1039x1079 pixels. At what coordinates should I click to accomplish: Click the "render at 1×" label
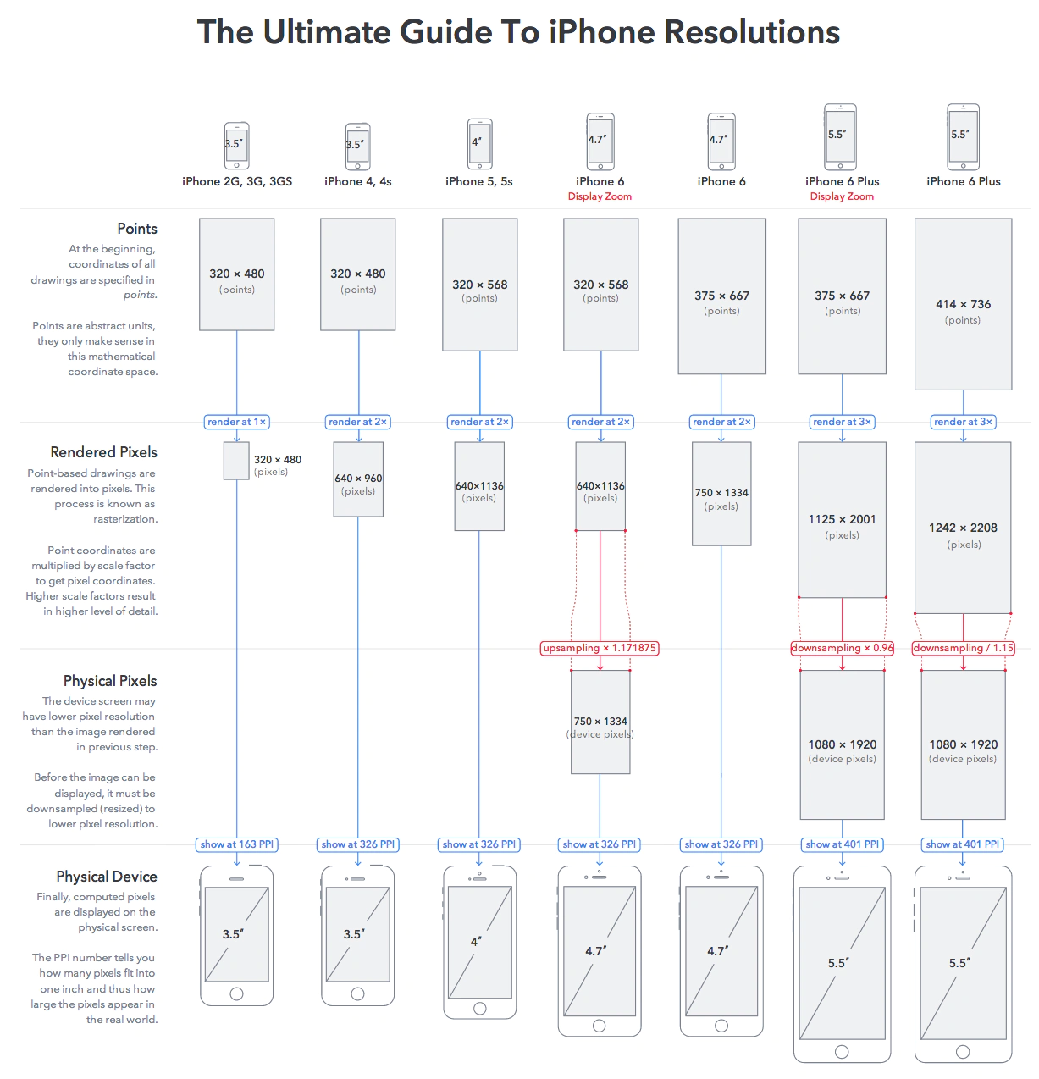237,422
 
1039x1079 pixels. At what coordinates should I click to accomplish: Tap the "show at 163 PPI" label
237,844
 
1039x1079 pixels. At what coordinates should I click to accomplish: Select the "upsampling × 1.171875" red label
600,648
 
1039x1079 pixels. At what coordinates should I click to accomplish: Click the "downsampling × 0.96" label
842,648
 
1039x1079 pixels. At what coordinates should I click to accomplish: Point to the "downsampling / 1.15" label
963,648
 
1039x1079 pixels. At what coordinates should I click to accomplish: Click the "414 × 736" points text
963,304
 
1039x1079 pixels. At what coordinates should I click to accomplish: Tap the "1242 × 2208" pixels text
963,528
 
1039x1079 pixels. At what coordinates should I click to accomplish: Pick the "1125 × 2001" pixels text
842,519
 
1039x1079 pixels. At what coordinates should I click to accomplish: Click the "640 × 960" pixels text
358,478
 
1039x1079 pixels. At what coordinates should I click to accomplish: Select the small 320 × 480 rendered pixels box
236,461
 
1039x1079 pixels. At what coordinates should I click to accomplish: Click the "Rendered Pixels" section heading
103,452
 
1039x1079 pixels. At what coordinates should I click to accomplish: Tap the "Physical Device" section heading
107,877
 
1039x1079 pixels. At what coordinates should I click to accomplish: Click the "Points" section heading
137,229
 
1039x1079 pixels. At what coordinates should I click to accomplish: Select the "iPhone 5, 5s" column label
479,181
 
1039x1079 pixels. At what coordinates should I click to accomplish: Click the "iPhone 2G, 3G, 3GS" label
237,181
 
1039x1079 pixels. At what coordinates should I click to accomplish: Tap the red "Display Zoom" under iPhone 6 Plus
842,196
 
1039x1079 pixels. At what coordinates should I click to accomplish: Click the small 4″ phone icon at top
479,144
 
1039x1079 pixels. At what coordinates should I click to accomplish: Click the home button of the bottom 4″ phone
479,1009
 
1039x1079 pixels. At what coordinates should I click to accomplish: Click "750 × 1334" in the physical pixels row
600,722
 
